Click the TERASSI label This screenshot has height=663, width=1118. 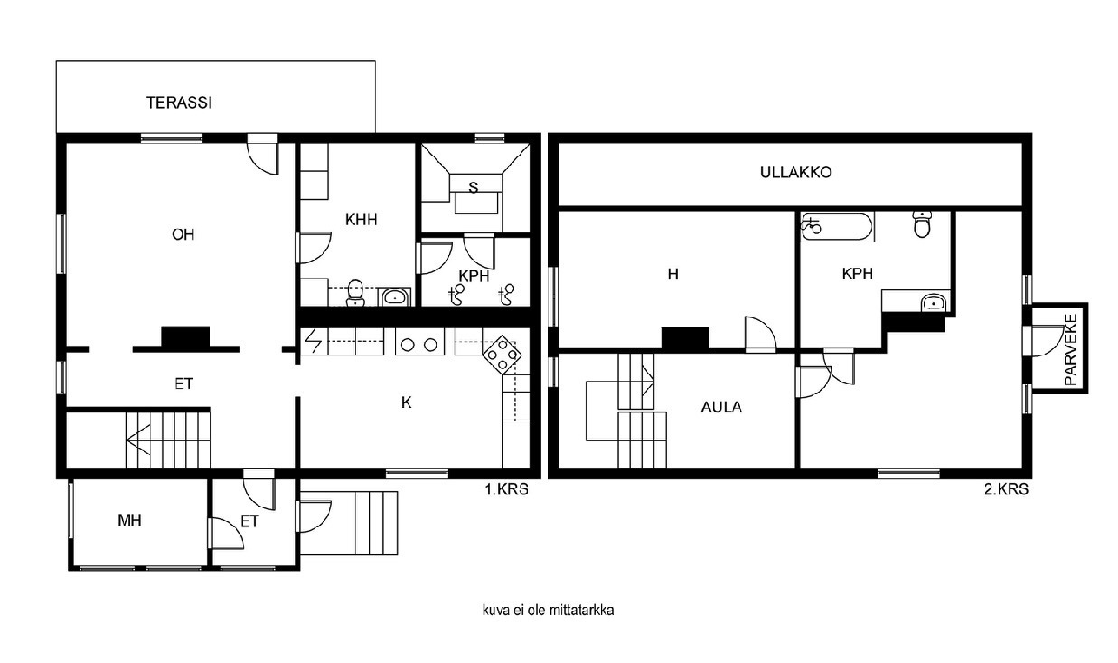(179, 102)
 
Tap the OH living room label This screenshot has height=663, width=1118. (183, 234)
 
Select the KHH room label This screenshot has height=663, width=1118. (361, 219)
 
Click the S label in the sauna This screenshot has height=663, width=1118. (474, 187)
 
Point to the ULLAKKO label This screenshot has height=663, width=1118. (795, 173)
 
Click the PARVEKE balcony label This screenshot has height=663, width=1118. (1071, 349)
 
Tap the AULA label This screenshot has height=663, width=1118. (721, 407)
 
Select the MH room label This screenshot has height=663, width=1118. (129, 521)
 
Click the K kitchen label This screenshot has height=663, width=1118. (406, 403)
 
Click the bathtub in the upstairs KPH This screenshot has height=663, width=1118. (837, 227)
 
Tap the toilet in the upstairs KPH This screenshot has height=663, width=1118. (923, 224)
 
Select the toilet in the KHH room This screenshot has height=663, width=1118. (355, 293)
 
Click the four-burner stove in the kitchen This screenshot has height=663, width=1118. (502, 355)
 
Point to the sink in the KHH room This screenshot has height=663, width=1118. (395, 298)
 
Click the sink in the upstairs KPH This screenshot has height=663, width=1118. (933, 303)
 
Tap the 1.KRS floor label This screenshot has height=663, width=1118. (507, 488)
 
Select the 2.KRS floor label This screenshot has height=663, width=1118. (1006, 488)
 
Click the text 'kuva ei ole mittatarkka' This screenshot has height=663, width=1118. (548, 610)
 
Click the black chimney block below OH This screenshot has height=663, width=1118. (185, 337)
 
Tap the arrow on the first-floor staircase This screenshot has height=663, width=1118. (138, 440)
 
